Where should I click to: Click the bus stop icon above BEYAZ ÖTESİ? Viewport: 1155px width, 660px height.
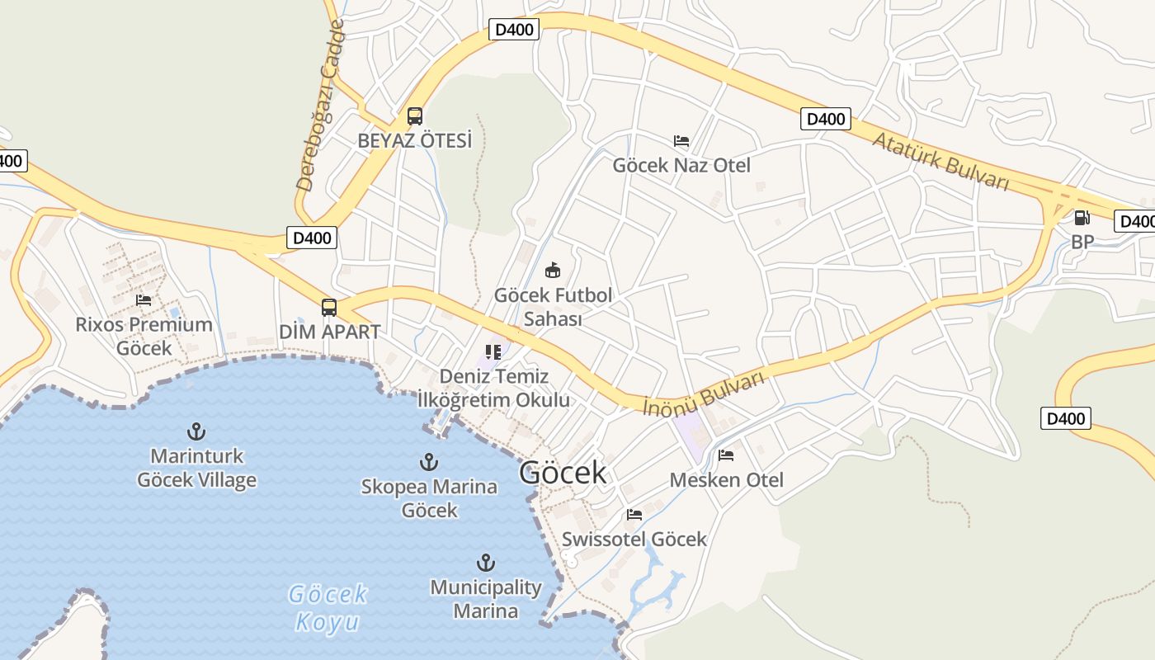click(x=415, y=116)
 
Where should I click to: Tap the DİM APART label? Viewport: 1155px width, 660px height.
click(x=329, y=332)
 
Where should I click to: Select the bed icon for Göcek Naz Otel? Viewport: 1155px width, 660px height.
click(x=681, y=141)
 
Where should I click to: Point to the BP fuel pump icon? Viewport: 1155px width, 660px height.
click(x=1082, y=218)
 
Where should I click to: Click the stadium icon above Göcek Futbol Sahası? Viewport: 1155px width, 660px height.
click(x=553, y=270)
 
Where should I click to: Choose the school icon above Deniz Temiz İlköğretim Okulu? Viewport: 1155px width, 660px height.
click(x=493, y=352)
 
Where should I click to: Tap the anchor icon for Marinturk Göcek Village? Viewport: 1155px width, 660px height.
click(x=196, y=431)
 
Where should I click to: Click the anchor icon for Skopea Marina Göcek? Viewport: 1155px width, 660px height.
click(x=429, y=462)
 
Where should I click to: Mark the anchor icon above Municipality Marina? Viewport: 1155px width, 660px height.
click(x=486, y=563)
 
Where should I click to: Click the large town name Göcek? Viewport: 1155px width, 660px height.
click(x=563, y=473)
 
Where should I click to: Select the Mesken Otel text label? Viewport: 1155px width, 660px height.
click(x=726, y=479)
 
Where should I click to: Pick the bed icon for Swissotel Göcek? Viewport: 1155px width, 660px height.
click(x=634, y=515)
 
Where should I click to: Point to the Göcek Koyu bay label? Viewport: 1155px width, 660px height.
click(x=328, y=607)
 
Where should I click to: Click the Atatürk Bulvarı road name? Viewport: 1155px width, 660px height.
click(x=940, y=161)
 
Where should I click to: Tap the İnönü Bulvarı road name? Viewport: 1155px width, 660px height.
click(x=705, y=393)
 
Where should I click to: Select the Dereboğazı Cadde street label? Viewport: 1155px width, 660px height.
click(x=320, y=107)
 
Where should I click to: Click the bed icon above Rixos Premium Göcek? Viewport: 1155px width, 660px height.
click(x=144, y=300)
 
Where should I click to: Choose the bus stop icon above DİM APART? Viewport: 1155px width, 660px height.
click(x=329, y=308)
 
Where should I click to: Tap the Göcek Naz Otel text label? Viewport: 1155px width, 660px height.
click(x=681, y=165)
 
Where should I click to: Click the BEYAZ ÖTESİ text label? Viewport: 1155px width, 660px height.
click(x=415, y=140)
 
